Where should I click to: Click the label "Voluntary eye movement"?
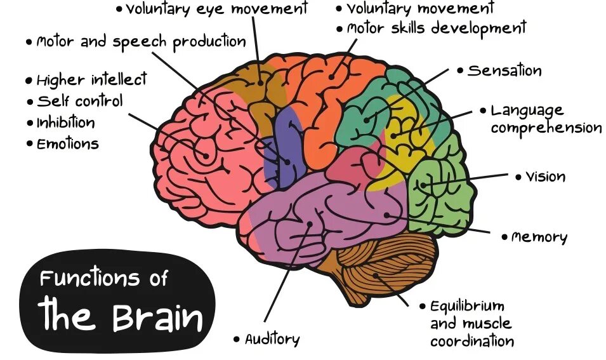216,10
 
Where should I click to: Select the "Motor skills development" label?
437,29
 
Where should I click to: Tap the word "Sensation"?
504,70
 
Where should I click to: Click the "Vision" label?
545,177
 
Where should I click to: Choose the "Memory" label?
539,237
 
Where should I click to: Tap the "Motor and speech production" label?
140,42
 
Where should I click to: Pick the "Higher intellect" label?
91,80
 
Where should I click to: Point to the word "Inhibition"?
65,123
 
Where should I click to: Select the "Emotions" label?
67,143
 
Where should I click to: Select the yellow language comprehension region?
406,137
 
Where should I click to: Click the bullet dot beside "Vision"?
518,177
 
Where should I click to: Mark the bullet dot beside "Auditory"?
237,340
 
